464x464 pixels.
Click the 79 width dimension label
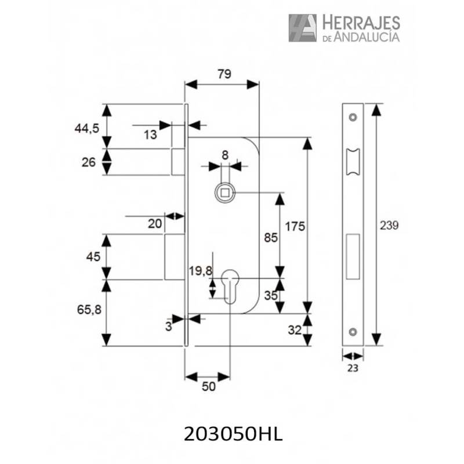(224, 74)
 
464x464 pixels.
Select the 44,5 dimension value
(86, 128)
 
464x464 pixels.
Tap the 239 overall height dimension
(389, 226)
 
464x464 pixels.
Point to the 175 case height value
(295, 227)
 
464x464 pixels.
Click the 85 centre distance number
(271, 238)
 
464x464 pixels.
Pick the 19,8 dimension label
(201, 270)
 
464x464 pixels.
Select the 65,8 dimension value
(89, 310)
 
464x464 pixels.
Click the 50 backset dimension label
(209, 386)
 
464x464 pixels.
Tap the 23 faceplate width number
(353, 368)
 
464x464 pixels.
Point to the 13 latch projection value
(150, 135)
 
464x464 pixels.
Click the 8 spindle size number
(225, 155)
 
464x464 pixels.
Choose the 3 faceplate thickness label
(169, 327)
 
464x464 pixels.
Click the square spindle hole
(224, 193)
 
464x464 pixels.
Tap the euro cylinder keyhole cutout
(230, 287)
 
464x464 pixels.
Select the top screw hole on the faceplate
(353, 117)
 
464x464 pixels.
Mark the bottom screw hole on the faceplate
(353, 332)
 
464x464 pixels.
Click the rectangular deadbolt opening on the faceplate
(353, 256)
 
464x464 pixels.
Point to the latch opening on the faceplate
(353, 162)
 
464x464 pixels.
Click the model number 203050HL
(233, 434)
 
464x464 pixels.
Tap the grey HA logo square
(302, 28)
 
